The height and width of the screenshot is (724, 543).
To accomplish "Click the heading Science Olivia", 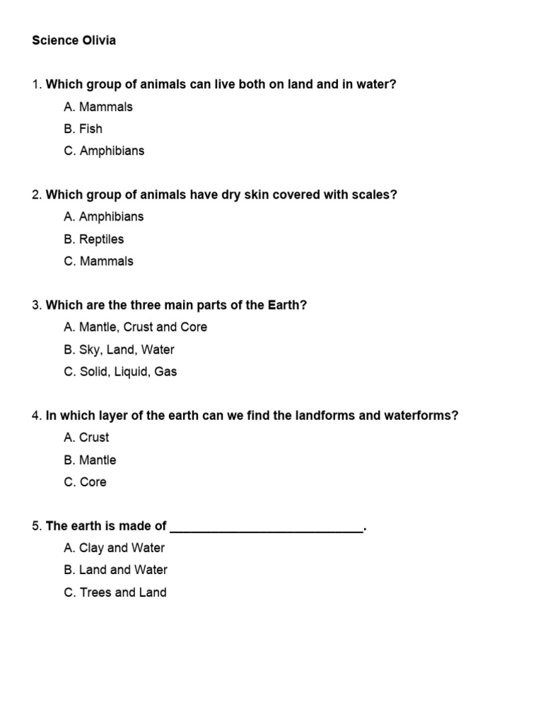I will pyautogui.click(x=74, y=40).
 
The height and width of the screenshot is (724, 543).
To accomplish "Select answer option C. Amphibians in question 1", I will pyautogui.click(x=103, y=151).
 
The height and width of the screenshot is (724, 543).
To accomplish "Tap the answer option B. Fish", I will pyautogui.click(x=83, y=129).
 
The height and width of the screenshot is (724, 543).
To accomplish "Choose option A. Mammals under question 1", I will pyautogui.click(x=98, y=107).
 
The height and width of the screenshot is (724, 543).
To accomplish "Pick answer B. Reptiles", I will pyautogui.click(x=93, y=239).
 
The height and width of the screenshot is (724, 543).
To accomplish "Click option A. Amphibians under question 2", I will pyautogui.click(x=103, y=216).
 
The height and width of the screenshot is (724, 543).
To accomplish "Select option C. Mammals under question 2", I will pyautogui.click(x=98, y=261).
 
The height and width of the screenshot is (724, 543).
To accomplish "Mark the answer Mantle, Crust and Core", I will pyautogui.click(x=135, y=327).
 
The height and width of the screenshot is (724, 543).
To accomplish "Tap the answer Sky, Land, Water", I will pyautogui.click(x=119, y=349).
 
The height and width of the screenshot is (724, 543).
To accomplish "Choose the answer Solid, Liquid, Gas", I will pyautogui.click(x=120, y=371).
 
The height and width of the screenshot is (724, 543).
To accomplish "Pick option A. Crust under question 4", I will pyautogui.click(x=86, y=438).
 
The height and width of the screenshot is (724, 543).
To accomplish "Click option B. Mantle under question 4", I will pyautogui.click(x=90, y=460).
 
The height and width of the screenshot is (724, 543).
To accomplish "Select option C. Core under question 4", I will pyautogui.click(x=85, y=481).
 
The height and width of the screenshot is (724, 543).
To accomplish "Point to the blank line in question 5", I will pyautogui.click(x=267, y=527).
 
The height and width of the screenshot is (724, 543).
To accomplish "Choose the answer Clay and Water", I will pyautogui.click(x=114, y=548).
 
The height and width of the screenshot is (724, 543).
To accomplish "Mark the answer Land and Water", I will pyautogui.click(x=115, y=570).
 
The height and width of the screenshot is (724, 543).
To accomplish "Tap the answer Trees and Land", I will pyautogui.click(x=115, y=592).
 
